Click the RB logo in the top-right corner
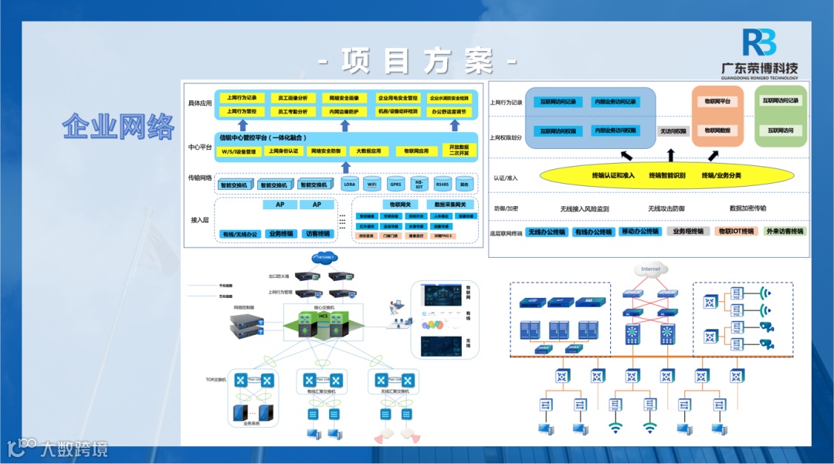click(758, 43)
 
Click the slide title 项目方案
click(418, 60)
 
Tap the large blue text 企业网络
click(117, 126)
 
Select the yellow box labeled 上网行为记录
click(242, 98)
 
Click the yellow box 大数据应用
click(368, 151)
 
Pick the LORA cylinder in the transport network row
click(349, 185)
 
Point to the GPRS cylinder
click(395, 185)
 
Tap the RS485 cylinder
click(442, 185)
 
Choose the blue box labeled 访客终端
click(317, 233)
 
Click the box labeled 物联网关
click(399, 205)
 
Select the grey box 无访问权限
click(673, 131)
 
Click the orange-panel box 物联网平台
click(717, 101)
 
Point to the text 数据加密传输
click(748, 208)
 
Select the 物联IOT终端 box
click(735, 231)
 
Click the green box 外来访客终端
click(784, 231)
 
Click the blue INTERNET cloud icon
click(325, 257)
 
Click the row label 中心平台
click(199, 147)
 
